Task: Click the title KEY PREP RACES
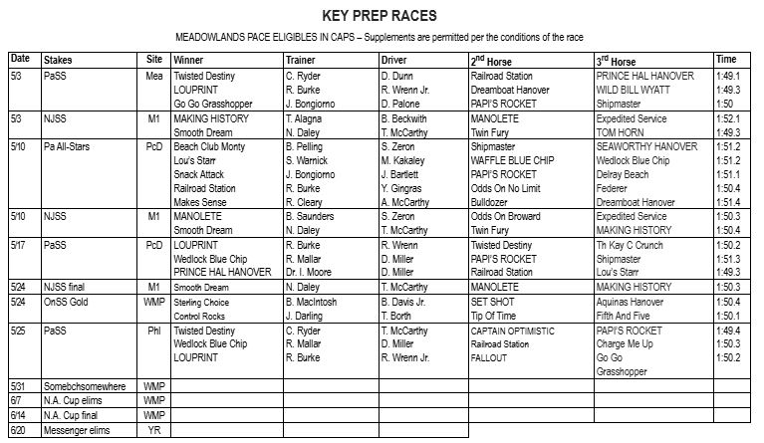379,16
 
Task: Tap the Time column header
726,60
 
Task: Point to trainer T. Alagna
304,117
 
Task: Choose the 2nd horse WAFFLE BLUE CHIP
509,159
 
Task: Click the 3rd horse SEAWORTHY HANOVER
646,145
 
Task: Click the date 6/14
20,415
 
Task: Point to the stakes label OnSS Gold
66,301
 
